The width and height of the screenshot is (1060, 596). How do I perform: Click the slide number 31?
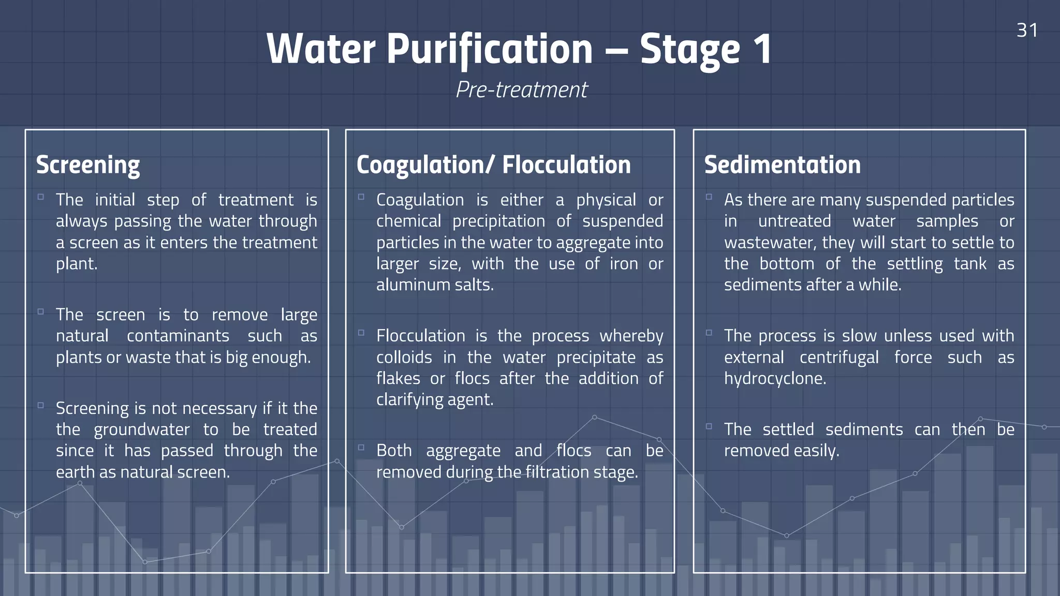(1027, 30)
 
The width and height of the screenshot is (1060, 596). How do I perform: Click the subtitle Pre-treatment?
(522, 90)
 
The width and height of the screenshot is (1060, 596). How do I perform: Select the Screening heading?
(88, 165)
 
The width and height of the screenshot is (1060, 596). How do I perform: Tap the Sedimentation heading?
(782, 165)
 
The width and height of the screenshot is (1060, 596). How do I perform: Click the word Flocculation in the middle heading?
(566, 165)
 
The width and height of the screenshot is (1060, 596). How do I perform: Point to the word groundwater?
(141, 429)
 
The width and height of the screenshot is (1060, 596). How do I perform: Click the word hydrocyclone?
(774, 379)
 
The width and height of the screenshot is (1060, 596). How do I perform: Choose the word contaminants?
(178, 336)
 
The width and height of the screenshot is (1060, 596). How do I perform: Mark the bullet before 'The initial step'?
(40, 197)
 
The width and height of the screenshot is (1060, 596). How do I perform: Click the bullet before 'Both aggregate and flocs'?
(361, 448)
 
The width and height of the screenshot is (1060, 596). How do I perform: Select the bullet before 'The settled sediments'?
(709, 426)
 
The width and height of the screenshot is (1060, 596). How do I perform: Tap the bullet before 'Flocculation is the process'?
(361, 333)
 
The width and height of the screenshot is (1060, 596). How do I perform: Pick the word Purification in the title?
(489, 49)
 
